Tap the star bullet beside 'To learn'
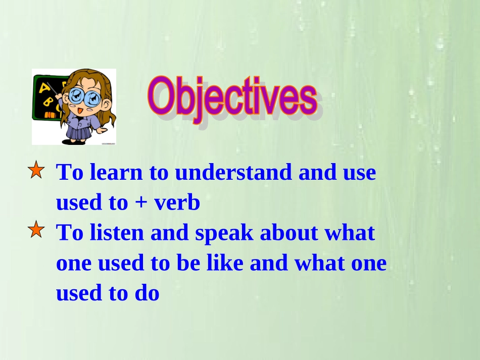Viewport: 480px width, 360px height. point(36,170)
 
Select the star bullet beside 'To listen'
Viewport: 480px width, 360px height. point(36,229)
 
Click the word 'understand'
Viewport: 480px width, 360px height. point(233,172)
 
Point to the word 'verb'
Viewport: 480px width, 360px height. point(177,202)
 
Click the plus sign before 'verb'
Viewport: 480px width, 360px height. point(140,203)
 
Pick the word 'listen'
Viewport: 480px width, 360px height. point(117,232)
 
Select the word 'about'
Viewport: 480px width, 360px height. point(289,232)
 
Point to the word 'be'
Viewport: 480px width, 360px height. point(188,263)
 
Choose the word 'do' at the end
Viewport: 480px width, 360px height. point(147,293)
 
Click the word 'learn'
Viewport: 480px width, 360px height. point(116,172)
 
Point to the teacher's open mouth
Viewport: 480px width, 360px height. point(80,111)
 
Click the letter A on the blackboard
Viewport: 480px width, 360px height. point(44,88)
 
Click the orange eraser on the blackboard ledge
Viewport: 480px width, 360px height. point(50,115)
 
